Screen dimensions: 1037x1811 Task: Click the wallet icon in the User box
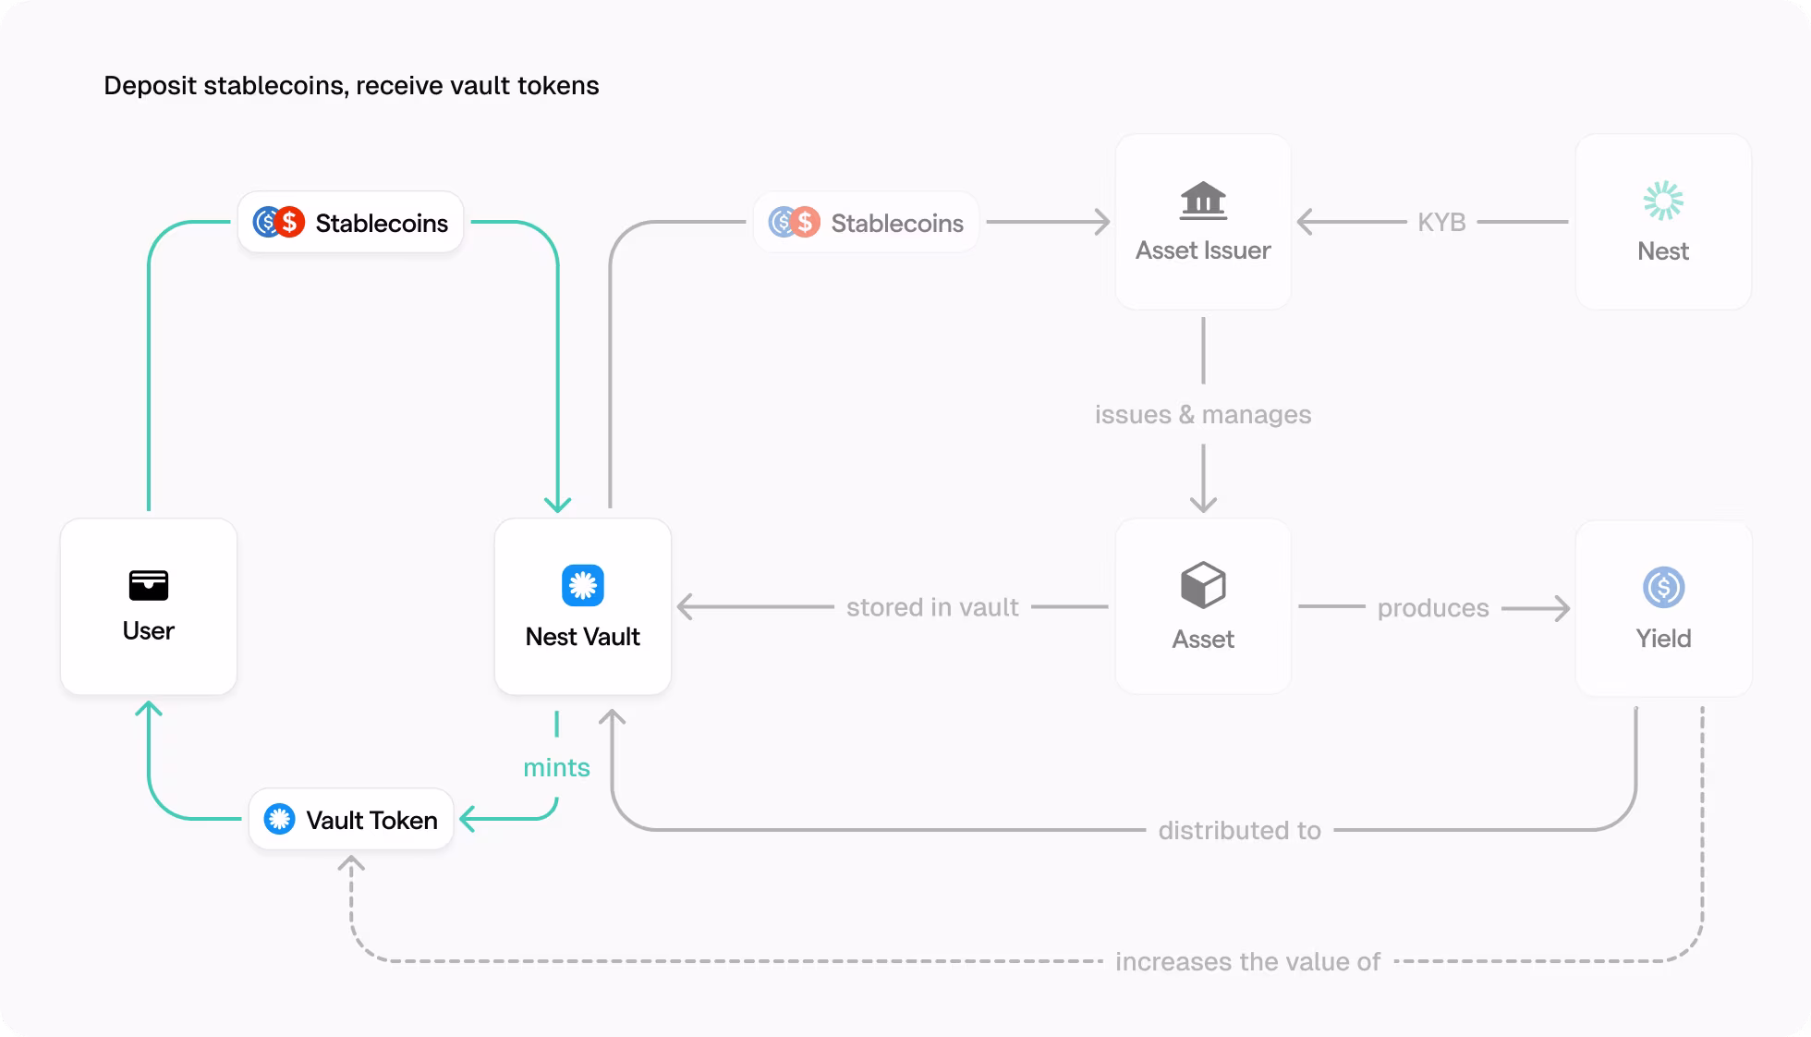(x=148, y=585)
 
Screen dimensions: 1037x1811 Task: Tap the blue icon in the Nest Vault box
(x=582, y=585)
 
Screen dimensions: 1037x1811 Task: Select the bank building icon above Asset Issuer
(x=1203, y=201)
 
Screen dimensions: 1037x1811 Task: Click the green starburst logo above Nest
(x=1663, y=201)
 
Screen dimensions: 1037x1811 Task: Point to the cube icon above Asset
(x=1203, y=585)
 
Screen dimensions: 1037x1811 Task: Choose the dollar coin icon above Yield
(x=1663, y=587)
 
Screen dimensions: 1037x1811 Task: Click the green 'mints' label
(x=556, y=767)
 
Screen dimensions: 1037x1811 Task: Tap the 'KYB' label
(x=1441, y=223)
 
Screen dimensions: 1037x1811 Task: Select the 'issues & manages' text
(x=1203, y=414)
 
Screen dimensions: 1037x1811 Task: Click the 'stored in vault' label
(x=932, y=607)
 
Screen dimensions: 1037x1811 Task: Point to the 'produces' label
(x=1433, y=608)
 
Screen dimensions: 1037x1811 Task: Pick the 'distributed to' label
(x=1239, y=830)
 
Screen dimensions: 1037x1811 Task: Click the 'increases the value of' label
(x=1247, y=961)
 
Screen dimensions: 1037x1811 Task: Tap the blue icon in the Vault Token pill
(x=279, y=819)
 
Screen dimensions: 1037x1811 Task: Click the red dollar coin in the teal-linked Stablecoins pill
(x=290, y=222)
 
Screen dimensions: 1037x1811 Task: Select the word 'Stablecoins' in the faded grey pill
(x=896, y=223)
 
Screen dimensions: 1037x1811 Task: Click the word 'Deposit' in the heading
(x=150, y=86)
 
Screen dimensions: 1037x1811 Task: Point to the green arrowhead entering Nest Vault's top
(x=557, y=505)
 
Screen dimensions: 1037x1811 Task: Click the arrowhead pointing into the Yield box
(x=1562, y=608)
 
